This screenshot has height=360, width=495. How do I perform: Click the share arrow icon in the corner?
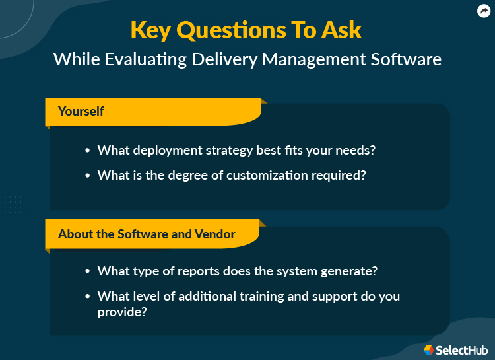point(484,11)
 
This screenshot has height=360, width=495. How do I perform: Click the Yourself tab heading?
point(81,111)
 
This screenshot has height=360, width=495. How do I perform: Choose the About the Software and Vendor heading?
point(146,234)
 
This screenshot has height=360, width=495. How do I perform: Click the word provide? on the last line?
point(122,311)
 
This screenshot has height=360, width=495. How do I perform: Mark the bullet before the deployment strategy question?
point(88,151)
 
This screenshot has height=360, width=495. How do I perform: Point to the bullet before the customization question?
point(88,176)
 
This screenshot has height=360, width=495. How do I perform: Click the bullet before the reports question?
point(88,271)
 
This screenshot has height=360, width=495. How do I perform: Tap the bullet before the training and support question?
point(88,297)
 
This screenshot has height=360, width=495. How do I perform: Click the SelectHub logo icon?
point(429,349)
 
